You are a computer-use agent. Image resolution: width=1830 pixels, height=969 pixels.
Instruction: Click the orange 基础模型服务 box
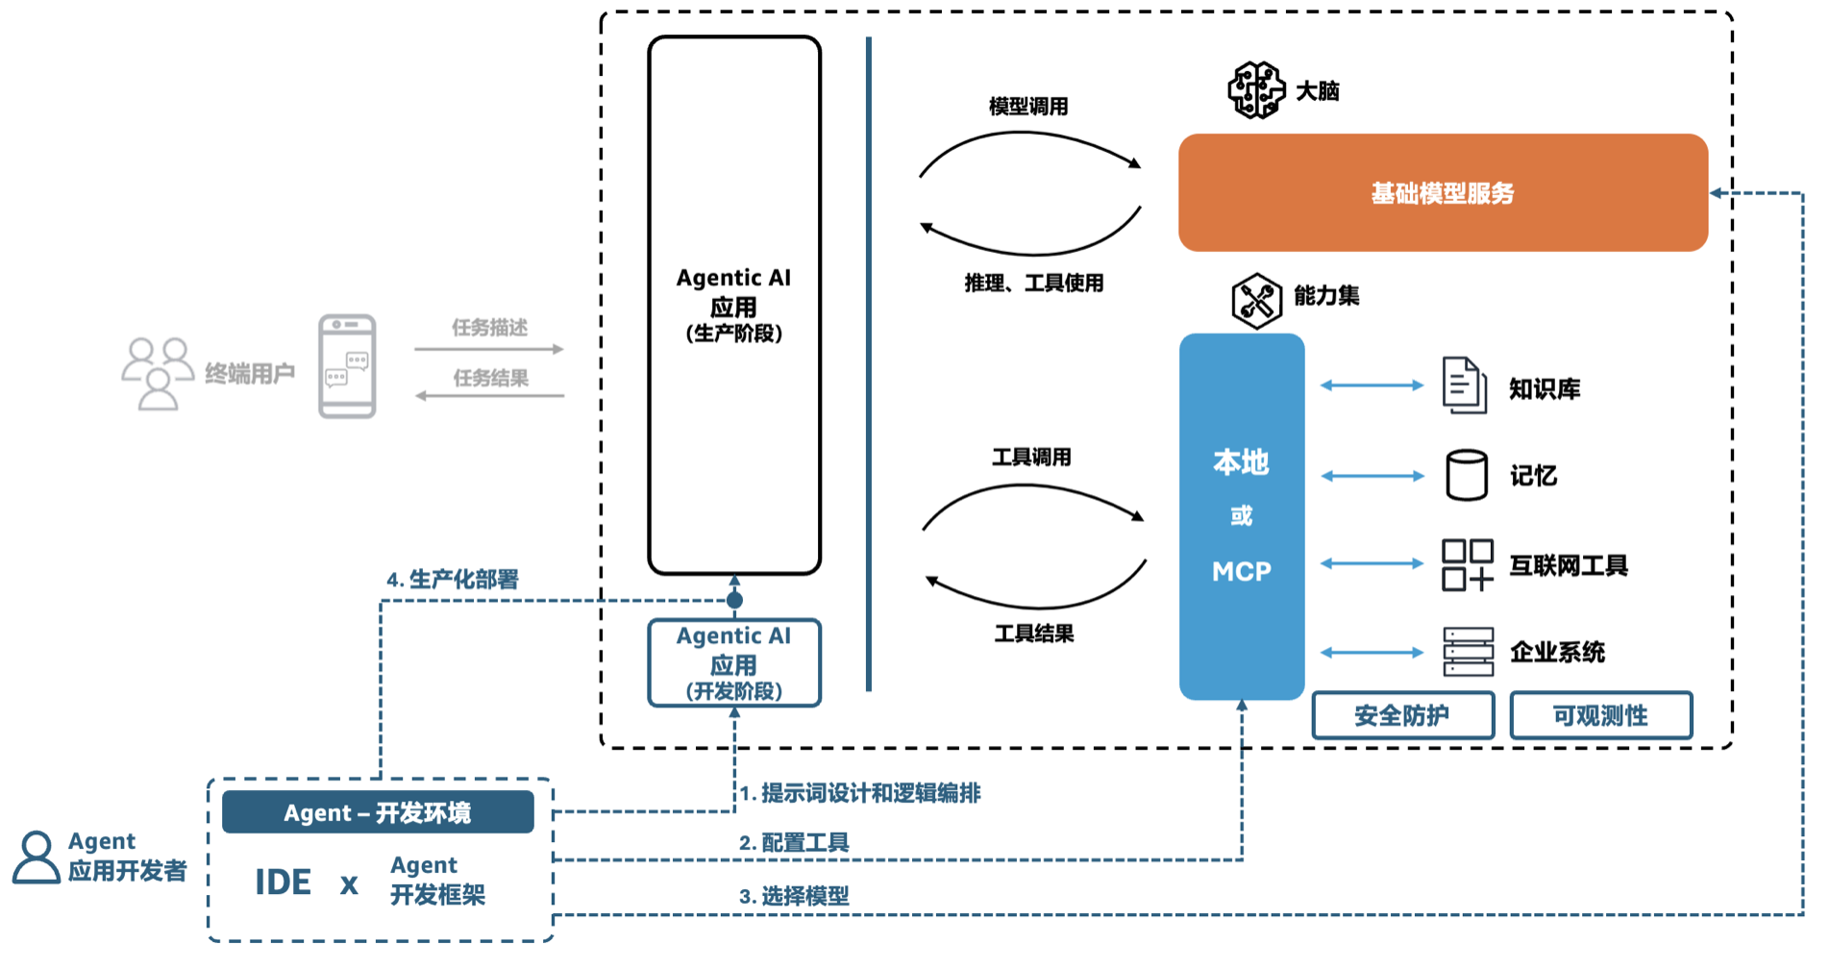[1442, 192]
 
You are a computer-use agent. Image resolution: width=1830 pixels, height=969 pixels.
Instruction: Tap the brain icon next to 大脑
[1255, 90]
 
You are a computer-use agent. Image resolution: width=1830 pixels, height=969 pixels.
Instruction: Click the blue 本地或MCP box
[1241, 516]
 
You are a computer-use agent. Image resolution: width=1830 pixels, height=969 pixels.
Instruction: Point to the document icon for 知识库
[1464, 385]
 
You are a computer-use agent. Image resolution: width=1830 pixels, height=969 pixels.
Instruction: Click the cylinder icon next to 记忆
[1466, 475]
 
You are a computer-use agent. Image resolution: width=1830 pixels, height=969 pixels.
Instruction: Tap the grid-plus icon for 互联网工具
[1467, 564]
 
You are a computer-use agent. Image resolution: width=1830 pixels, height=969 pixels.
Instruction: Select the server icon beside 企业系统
[1468, 652]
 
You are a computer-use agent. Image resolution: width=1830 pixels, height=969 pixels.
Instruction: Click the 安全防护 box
[1402, 715]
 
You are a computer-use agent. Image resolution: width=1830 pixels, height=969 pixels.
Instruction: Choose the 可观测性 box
[1600, 715]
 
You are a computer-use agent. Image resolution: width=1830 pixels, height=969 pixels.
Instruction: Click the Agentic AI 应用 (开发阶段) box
[734, 663]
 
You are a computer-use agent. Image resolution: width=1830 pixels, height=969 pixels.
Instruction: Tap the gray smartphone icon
[347, 366]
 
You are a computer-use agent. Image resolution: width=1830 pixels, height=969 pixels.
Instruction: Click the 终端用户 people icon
[157, 373]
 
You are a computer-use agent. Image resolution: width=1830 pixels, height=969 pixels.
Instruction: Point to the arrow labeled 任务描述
[488, 349]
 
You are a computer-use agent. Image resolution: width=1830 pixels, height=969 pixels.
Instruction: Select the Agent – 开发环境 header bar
[378, 812]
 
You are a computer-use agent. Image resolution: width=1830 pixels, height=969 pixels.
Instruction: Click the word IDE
[283, 882]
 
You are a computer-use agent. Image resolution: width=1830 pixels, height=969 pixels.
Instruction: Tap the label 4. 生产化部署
[452, 579]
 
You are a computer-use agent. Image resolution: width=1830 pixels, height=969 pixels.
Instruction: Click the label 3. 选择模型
[794, 896]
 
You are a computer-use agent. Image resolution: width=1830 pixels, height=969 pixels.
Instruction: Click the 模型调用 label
[1028, 107]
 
